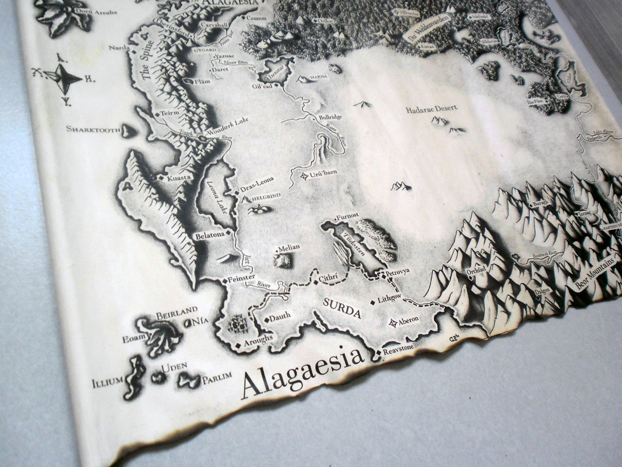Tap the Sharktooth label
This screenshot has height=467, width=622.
[x=93, y=129]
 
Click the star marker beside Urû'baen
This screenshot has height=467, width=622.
[x=305, y=176]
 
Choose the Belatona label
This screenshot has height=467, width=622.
[x=210, y=235]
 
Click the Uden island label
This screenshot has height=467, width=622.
[x=174, y=367]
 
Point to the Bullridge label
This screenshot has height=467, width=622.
[x=330, y=117]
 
